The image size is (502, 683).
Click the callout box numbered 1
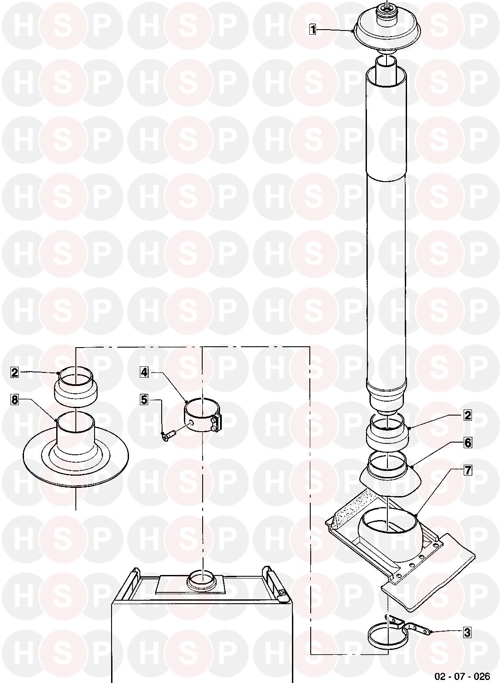coord(312,30)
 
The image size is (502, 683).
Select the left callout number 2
coord(14,372)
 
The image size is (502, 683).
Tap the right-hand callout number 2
coord(467,416)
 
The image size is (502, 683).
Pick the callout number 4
coord(144,372)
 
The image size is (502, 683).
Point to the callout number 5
coord(144,399)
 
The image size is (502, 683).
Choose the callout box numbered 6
coord(468,443)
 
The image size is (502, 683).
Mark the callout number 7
coord(468,470)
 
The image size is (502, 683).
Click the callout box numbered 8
coord(14,400)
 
